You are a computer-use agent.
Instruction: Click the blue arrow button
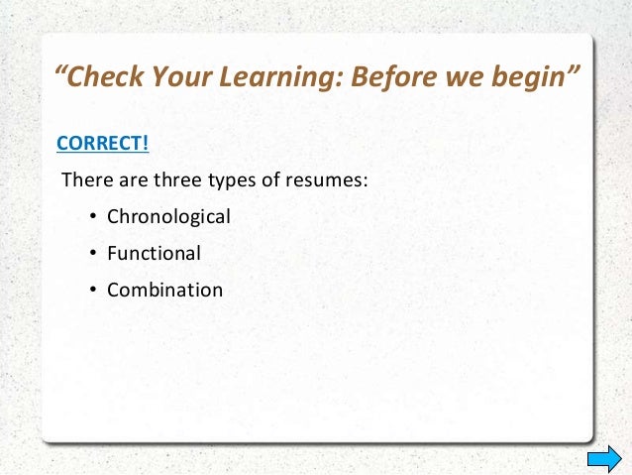[603, 457]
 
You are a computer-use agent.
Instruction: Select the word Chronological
[168, 215]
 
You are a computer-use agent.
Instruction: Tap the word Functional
[154, 253]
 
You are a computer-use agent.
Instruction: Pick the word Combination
[164, 291]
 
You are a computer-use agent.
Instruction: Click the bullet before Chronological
[91, 216]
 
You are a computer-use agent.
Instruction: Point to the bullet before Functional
[91, 254]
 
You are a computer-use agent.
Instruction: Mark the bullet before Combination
[91, 292]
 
